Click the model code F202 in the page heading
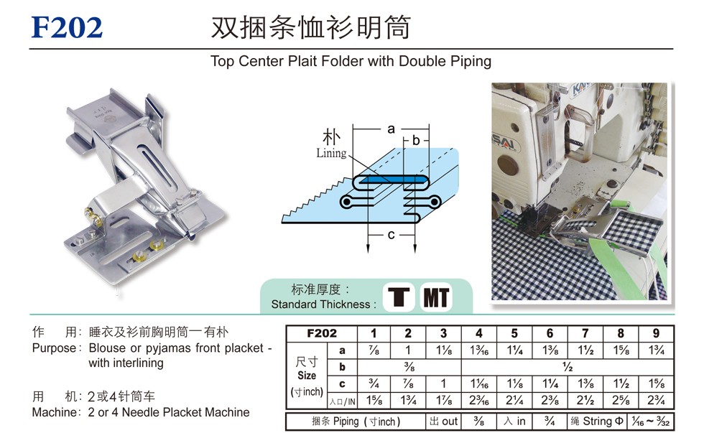click(x=67, y=27)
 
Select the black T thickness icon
click(x=399, y=297)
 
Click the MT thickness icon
click(x=436, y=297)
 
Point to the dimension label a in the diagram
click(x=391, y=129)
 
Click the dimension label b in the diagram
click(x=416, y=141)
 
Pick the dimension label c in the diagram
click(x=391, y=235)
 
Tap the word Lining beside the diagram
click(x=331, y=153)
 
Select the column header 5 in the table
click(x=514, y=333)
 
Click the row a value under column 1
click(x=374, y=350)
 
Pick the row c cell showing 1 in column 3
click(x=444, y=383)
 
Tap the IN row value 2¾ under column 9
click(x=656, y=400)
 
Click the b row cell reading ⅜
click(x=409, y=367)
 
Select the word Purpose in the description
click(x=53, y=348)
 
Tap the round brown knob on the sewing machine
click(x=507, y=166)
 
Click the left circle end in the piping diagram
click(x=346, y=202)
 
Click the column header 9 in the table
click(x=656, y=333)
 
